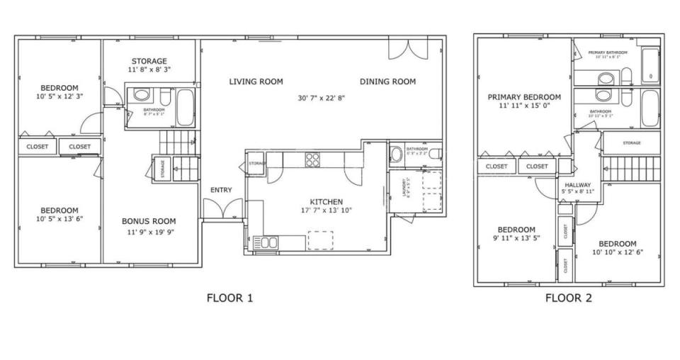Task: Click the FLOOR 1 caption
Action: (x=229, y=298)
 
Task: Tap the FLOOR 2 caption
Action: (x=568, y=298)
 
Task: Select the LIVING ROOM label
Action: (x=256, y=81)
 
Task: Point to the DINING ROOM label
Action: (x=387, y=81)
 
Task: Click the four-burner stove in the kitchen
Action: (x=312, y=159)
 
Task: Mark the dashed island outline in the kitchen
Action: (x=320, y=240)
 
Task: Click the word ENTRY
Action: (x=220, y=190)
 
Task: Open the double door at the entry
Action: (x=217, y=210)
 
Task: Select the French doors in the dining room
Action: (x=408, y=50)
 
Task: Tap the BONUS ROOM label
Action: (x=149, y=221)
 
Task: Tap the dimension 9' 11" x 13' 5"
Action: (x=516, y=239)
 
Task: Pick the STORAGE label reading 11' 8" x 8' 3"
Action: (x=149, y=69)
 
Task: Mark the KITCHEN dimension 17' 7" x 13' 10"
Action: (x=326, y=210)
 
